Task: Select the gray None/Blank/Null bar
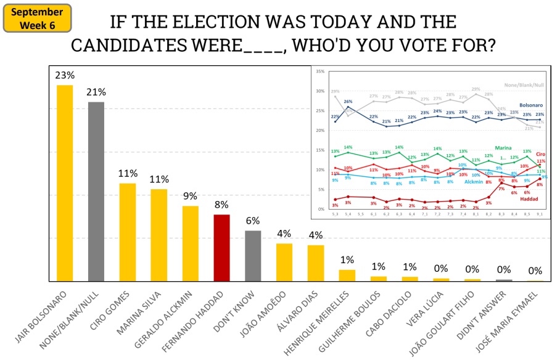[96, 192]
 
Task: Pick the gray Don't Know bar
[253, 256]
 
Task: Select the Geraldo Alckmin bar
[190, 243]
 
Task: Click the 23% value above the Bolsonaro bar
[65, 75]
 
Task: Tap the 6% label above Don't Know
[253, 221]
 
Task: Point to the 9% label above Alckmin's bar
[190, 196]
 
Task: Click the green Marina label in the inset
[504, 148]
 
